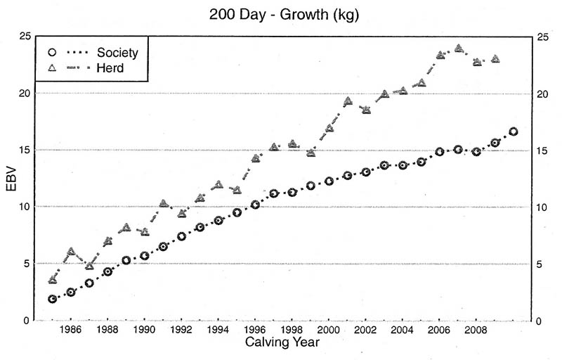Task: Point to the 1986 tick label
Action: point(70,330)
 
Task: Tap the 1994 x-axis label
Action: point(218,330)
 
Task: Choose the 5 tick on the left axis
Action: point(25,264)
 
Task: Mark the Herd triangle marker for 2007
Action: point(459,49)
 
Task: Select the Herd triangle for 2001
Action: point(348,101)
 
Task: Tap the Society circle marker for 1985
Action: point(53,299)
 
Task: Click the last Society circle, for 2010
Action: point(514,131)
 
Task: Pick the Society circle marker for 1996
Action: point(256,205)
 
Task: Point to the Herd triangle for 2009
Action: point(495,59)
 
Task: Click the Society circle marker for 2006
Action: point(440,151)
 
